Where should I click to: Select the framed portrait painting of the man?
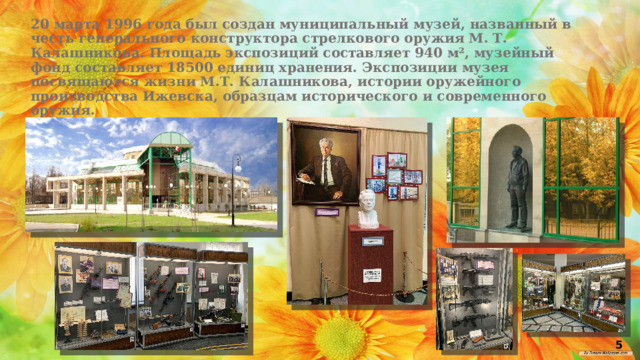pyautogui.click(x=325, y=164)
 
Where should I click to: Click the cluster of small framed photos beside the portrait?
pyautogui.click(x=393, y=177)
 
